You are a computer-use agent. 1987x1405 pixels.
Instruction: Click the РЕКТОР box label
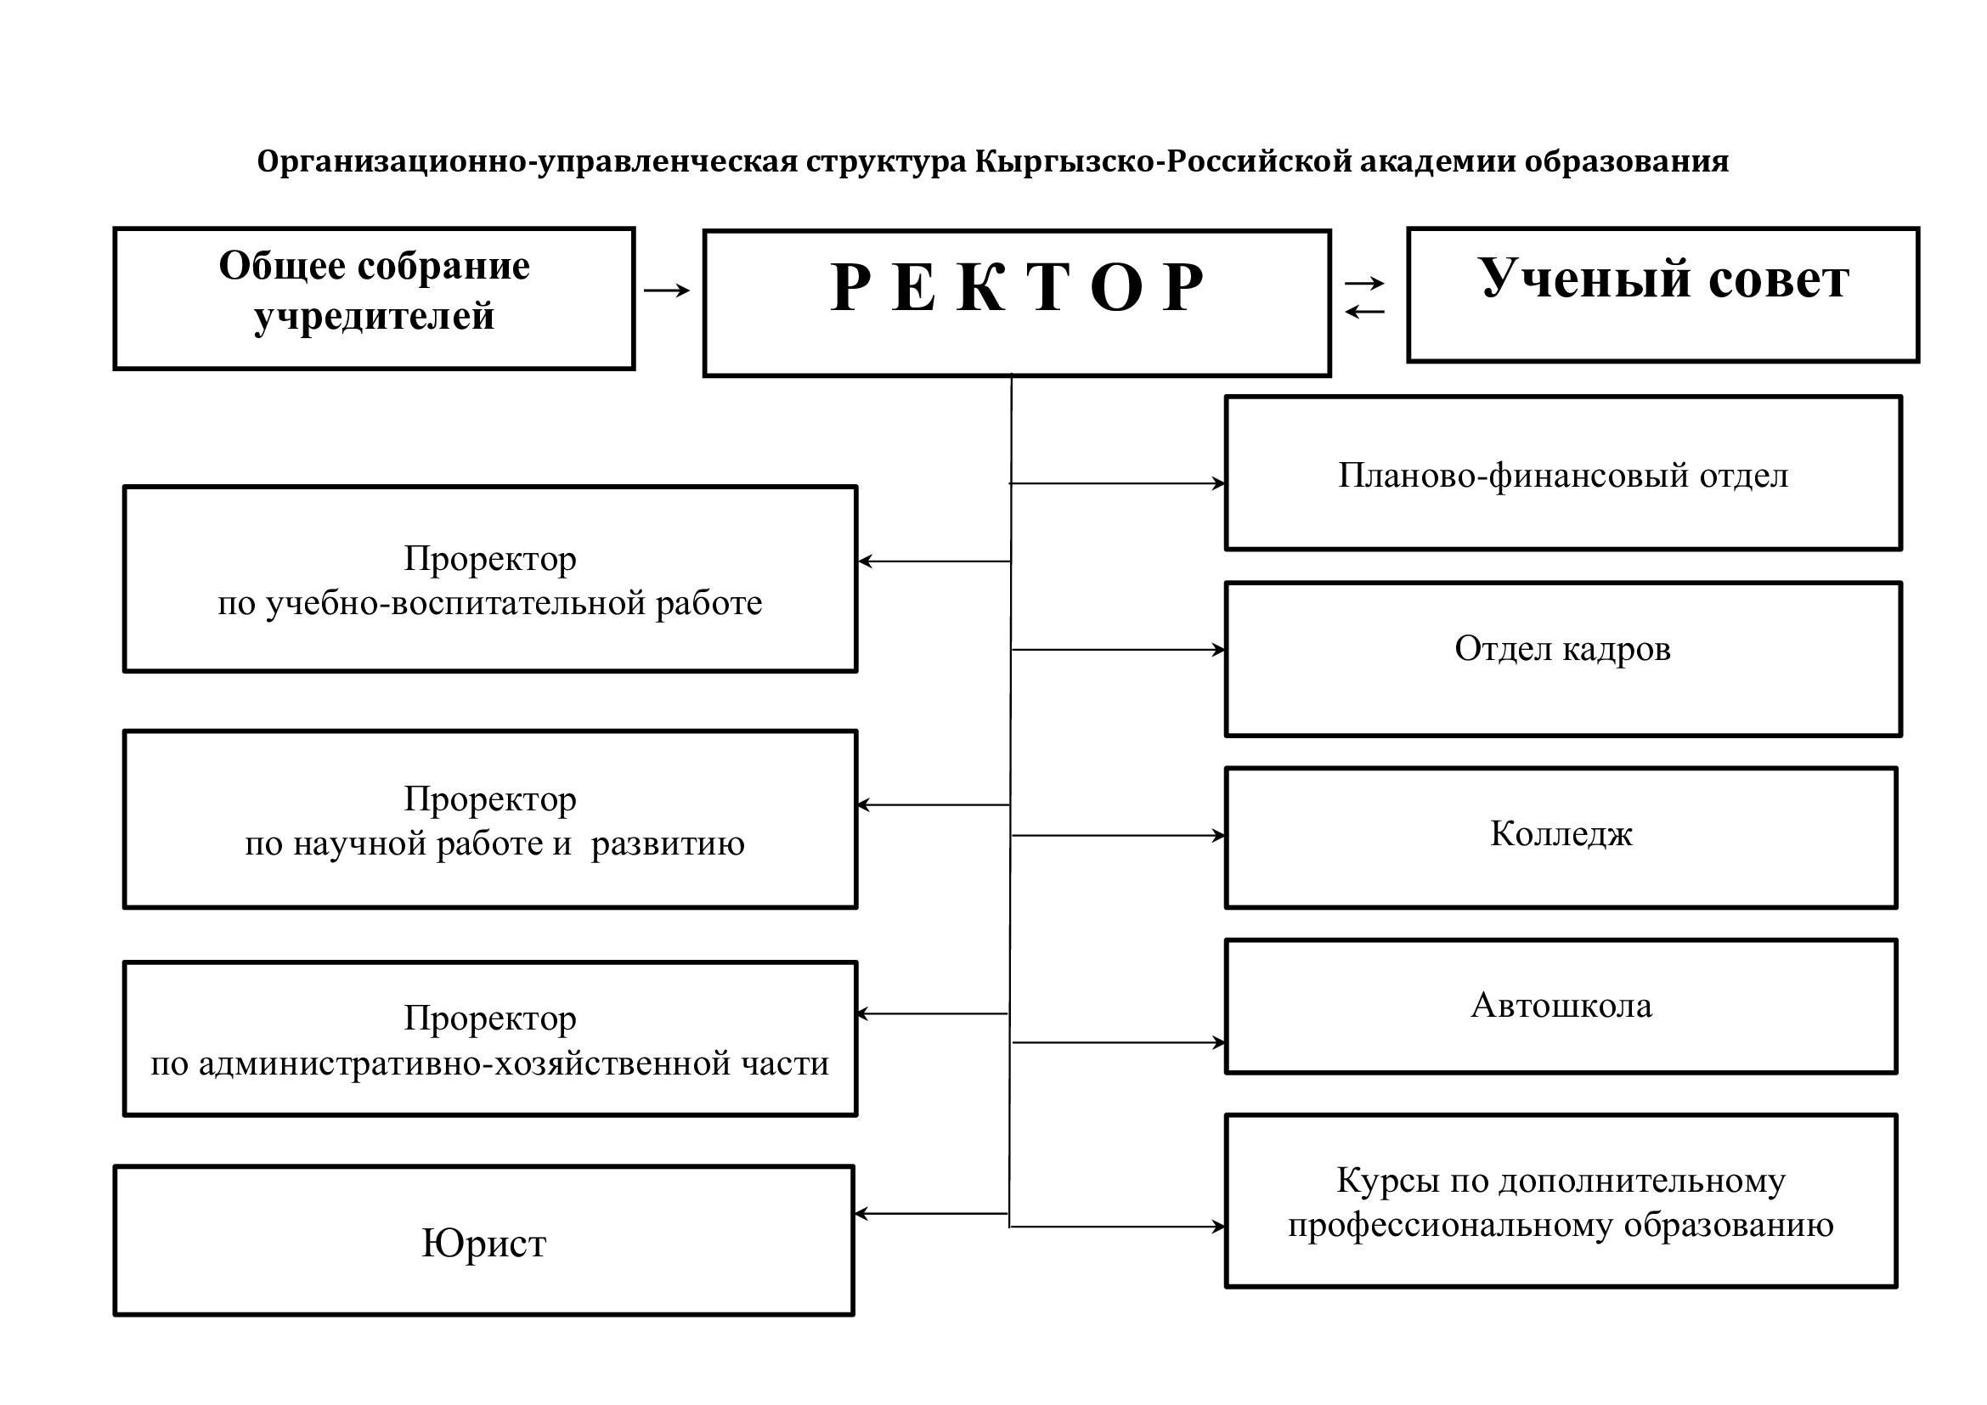point(1016,287)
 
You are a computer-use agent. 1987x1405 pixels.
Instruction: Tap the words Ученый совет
point(1662,279)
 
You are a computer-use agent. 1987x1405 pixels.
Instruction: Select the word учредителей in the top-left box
point(374,317)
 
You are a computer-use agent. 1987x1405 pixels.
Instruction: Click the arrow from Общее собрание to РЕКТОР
point(667,291)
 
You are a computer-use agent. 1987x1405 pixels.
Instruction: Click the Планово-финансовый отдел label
point(1562,476)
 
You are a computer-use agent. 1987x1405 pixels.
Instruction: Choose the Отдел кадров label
point(1562,649)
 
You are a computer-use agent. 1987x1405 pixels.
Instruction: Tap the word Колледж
point(1561,834)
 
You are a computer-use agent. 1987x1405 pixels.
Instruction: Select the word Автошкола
point(1561,1005)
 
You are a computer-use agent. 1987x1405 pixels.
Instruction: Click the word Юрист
point(483,1244)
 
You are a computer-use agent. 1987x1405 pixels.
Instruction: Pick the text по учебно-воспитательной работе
point(490,603)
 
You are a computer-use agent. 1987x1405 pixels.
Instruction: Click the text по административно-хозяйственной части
point(490,1064)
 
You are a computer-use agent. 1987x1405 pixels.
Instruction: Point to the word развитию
point(667,844)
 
